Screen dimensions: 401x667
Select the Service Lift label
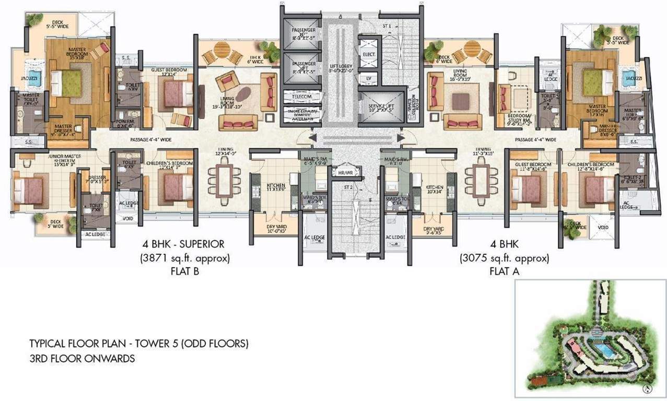[x=381, y=108]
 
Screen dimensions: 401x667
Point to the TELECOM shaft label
[x=299, y=97]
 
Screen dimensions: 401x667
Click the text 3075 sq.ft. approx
[x=504, y=258]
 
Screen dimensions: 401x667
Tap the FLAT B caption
[x=184, y=270]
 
